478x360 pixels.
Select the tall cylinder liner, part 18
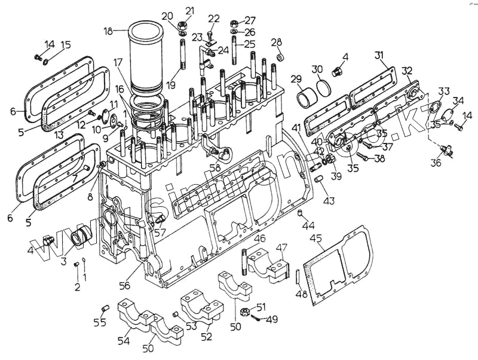[x=146, y=57]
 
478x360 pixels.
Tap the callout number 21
[x=190, y=10]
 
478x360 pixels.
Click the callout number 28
[x=276, y=42]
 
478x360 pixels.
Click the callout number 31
[x=379, y=56]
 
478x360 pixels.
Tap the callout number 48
[x=302, y=294]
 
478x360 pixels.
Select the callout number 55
[x=100, y=323]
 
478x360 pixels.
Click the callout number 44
[x=308, y=226]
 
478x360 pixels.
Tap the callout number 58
[x=215, y=169]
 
